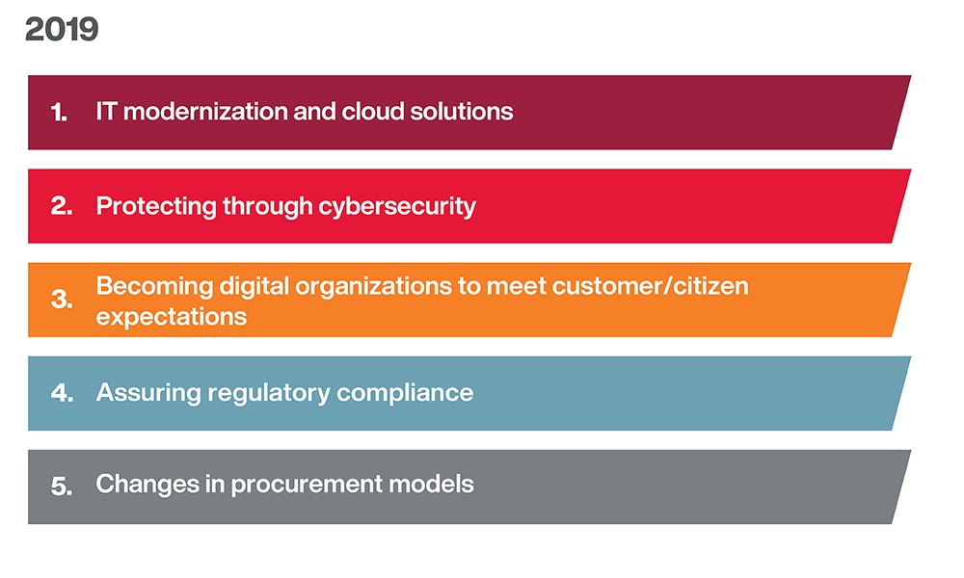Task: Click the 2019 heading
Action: click(62, 30)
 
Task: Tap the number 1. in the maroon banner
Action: click(59, 113)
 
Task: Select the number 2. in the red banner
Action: click(62, 206)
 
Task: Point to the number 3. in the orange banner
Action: click(62, 300)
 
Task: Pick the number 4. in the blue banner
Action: click(62, 393)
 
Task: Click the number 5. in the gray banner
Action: click(62, 486)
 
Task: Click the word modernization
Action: click(205, 112)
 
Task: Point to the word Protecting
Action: click(156, 207)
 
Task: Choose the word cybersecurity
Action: click(397, 207)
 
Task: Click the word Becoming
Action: click(154, 287)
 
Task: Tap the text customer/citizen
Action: click(651, 286)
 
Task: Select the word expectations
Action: click(172, 318)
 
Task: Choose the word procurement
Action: click(307, 485)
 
